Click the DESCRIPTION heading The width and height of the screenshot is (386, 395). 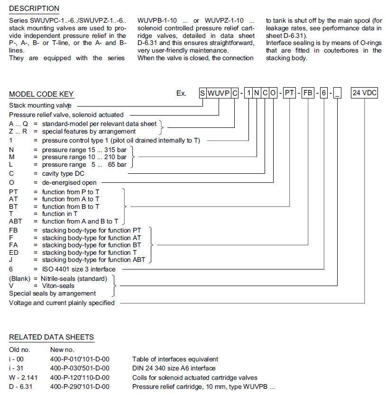click(34, 9)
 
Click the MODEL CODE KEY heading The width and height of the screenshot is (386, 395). click(41, 94)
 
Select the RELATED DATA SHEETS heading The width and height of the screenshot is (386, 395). click(51, 337)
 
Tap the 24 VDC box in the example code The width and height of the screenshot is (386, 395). click(364, 93)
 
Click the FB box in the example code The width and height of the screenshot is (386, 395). click(308, 93)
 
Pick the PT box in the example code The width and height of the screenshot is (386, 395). click(289, 93)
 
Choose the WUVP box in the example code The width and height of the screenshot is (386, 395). click(219, 93)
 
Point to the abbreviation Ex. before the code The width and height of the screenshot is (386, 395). click(181, 93)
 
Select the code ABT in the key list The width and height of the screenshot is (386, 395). click(16, 221)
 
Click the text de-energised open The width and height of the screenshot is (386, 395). click(69, 182)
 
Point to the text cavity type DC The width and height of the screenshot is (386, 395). click(64, 173)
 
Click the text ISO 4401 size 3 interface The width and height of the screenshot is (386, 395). click(79, 269)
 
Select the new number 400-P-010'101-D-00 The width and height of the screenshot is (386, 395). click(79, 359)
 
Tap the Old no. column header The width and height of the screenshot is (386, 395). click(19, 350)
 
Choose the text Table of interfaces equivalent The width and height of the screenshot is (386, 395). click(175, 359)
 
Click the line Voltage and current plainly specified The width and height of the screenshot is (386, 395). click(62, 303)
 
